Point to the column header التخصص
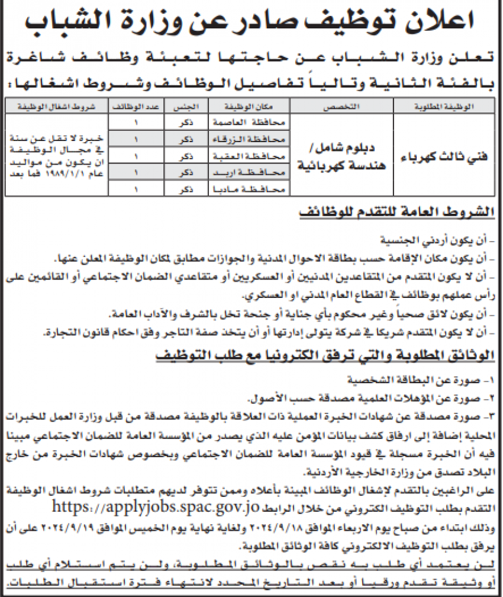tap(344, 107)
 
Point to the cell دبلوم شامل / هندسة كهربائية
tap(344, 156)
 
